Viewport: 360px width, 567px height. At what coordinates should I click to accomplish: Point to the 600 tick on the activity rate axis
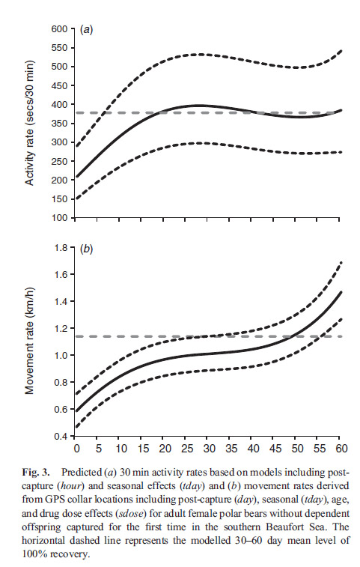[58, 29]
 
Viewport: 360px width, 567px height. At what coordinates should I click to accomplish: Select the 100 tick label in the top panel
[58, 219]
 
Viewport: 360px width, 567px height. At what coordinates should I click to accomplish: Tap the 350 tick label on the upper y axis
[58, 124]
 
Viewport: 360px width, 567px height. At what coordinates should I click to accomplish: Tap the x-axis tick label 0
[76, 449]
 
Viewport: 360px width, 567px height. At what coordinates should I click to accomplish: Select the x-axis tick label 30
[207, 449]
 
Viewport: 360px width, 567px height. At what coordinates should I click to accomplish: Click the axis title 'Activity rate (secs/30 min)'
[31, 124]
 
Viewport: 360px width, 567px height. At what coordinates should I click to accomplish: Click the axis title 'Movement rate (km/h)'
[31, 342]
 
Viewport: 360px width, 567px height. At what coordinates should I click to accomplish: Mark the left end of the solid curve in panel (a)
[76, 178]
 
